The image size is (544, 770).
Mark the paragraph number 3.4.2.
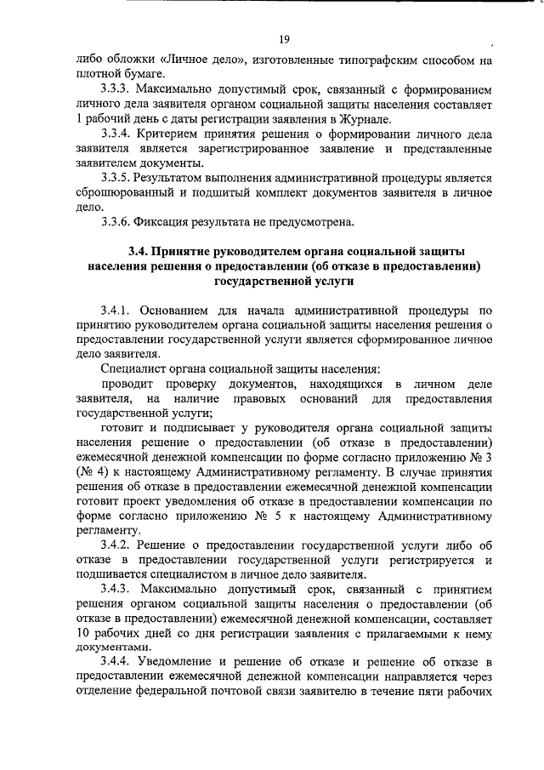tap(116, 545)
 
